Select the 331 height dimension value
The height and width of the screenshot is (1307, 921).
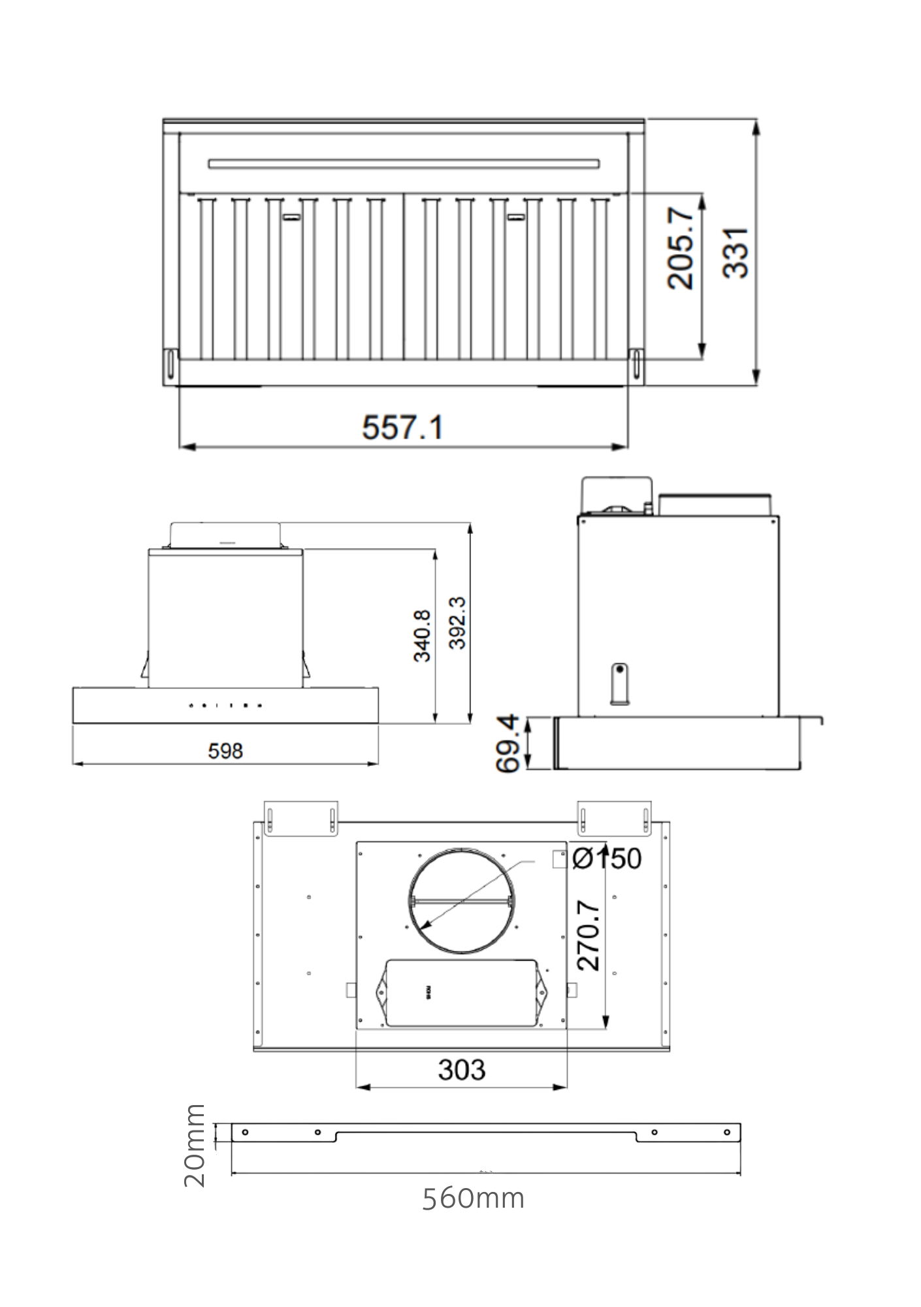coord(736,253)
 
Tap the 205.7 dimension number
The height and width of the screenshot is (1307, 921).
coord(681,248)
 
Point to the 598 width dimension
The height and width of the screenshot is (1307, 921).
coord(225,752)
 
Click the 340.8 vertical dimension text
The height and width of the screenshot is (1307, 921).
coord(423,636)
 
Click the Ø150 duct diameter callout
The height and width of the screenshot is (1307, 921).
coord(607,859)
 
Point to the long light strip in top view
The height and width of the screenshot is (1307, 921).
coord(404,163)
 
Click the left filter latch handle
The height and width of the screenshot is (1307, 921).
coord(291,217)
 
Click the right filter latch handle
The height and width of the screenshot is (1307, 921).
coord(516,217)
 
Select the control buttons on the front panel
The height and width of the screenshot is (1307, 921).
coord(225,705)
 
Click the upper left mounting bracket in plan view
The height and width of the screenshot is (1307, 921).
coord(301,818)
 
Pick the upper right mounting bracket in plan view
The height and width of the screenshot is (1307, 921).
coord(614,818)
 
